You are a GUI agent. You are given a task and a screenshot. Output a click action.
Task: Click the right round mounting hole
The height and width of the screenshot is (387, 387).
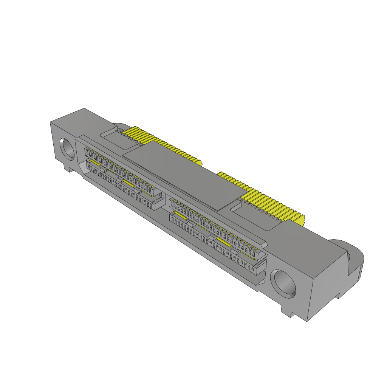click(x=283, y=282)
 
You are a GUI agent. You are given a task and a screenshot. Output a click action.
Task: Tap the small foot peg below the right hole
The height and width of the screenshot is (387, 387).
click(x=287, y=312)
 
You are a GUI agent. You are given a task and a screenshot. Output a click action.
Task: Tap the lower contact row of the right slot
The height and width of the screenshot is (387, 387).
click(x=212, y=242)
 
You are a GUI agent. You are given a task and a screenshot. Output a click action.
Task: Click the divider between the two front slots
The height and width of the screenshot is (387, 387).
click(x=166, y=200)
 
